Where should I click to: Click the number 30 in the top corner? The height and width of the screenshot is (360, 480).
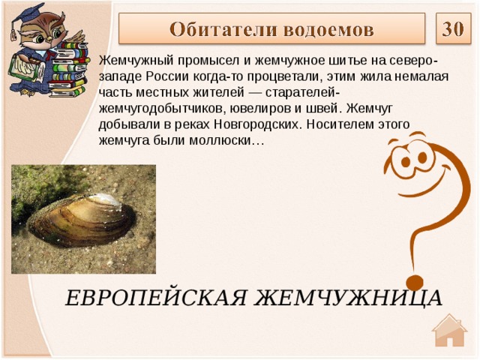(451, 29)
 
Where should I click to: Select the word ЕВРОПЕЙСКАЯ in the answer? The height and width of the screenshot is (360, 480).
(154, 297)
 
